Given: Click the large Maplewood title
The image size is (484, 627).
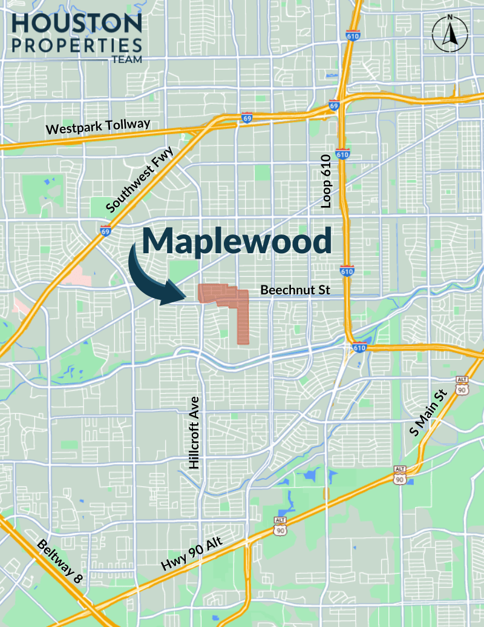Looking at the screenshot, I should (237, 241).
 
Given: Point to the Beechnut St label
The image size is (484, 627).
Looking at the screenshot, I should (295, 291).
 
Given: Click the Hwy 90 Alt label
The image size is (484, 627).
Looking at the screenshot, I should (192, 554).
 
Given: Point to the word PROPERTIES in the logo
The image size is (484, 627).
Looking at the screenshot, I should (76, 45).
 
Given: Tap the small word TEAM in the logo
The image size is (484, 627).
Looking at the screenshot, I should (126, 60).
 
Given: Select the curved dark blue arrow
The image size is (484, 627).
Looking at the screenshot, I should (151, 276).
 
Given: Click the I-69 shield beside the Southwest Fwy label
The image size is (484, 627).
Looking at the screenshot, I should (106, 230).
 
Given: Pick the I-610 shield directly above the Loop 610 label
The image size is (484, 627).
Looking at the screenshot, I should (342, 154).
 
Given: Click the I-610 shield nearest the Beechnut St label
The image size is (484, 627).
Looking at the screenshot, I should (347, 271).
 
